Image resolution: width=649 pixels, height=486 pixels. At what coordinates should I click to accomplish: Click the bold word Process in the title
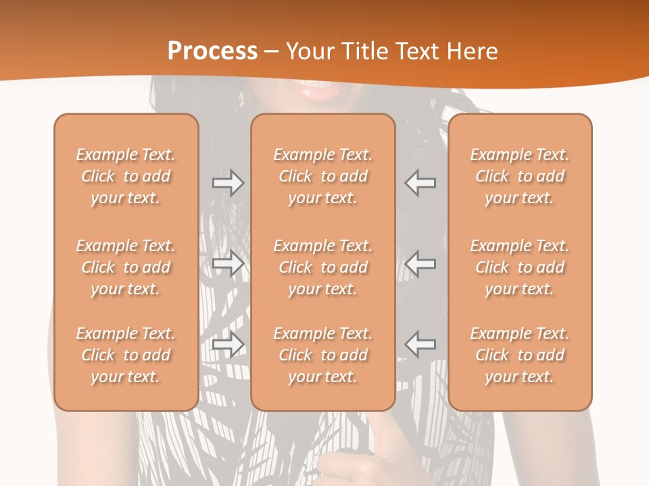pyautogui.click(x=212, y=51)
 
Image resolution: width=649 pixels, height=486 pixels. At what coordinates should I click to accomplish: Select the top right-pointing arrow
pyautogui.click(x=228, y=183)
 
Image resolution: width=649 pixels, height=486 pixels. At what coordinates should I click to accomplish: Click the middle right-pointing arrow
pyautogui.click(x=228, y=263)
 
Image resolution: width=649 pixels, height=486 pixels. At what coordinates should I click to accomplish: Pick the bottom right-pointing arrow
pyautogui.click(x=228, y=344)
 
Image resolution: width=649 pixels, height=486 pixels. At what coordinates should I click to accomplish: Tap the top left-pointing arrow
pyautogui.click(x=420, y=183)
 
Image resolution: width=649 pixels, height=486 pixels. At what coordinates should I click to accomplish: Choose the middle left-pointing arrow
pyautogui.click(x=420, y=263)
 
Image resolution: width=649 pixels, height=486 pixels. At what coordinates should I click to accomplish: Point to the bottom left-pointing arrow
pyautogui.click(x=420, y=344)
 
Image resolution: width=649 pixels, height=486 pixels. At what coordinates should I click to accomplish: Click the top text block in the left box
pyautogui.click(x=126, y=176)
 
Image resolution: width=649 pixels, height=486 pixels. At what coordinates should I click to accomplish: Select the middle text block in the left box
pyautogui.click(x=126, y=267)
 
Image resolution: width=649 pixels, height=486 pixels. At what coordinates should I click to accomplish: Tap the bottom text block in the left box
pyautogui.click(x=126, y=355)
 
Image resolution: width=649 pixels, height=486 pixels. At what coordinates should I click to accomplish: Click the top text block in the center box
pyautogui.click(x=322, y=176)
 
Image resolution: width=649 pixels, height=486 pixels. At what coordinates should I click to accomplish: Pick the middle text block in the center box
pyautogui.click(x=322, y=267)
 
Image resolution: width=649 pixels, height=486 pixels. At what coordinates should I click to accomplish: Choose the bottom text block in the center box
pyautogui.click(x=322, y=355)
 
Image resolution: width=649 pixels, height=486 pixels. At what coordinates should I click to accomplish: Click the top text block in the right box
pyautogui.click(x=519, y=176)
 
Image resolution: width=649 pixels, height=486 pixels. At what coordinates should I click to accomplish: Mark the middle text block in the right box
pyautogui.click(x=519, y=267)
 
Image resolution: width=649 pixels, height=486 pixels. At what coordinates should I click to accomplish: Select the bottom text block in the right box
pyautogui.click(x=519, y=355)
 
